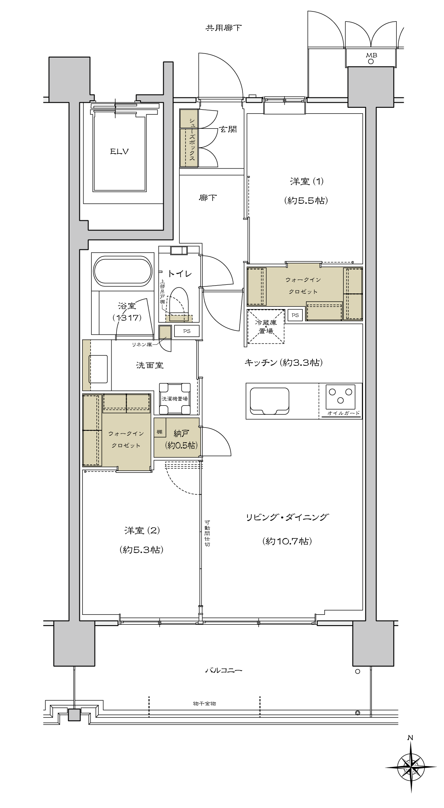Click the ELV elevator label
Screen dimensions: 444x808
tap(119, 152)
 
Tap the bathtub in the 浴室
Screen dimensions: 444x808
tap(122, 271)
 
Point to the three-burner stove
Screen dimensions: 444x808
tap(340, 395)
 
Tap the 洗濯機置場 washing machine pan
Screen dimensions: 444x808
tap(175, 398)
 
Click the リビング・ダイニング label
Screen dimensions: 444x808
tap(287, 517)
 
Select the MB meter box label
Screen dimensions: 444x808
tap(372, 55)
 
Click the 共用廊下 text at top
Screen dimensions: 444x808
tap(224, 28)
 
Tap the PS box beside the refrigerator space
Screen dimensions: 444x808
tap(295, 315)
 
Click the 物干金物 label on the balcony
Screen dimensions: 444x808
tap(204, 704)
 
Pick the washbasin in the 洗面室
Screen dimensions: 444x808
tap(98, 369)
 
